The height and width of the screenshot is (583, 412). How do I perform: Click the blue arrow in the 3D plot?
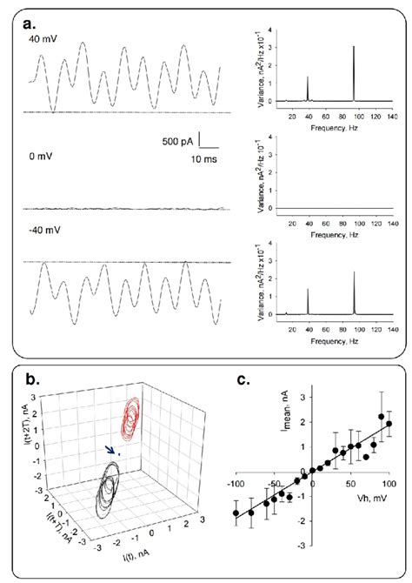pyautogui.click(x=110, y=450)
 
